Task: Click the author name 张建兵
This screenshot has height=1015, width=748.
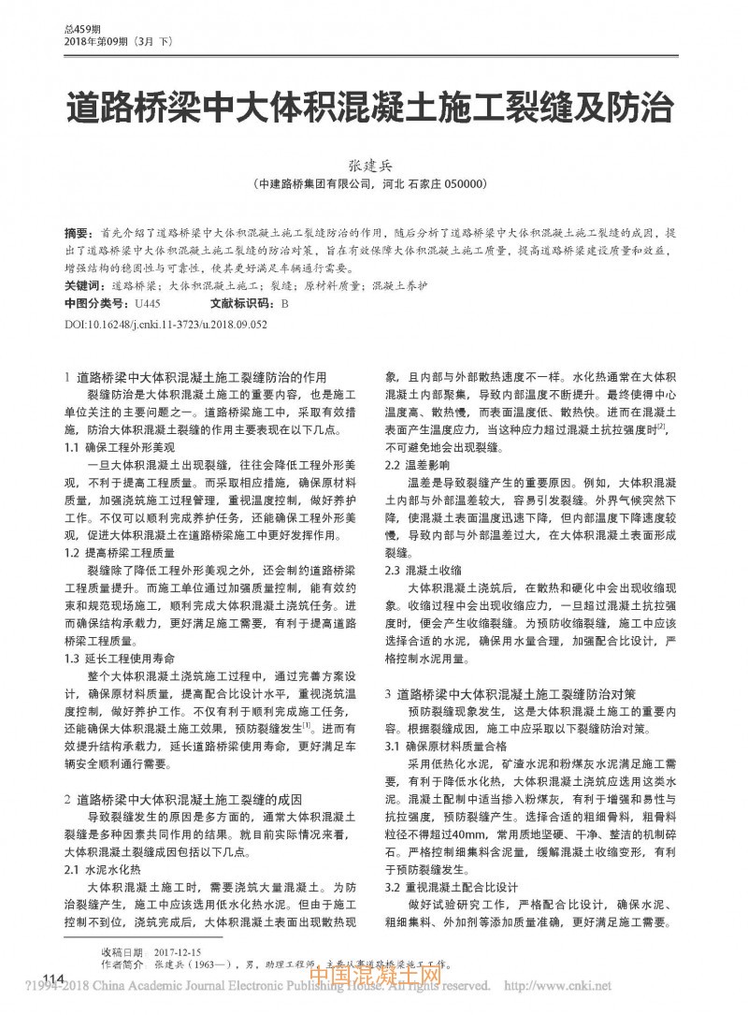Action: coord(374,166)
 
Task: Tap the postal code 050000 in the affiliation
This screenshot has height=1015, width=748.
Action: coord(458,185)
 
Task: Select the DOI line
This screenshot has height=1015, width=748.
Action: coord(165,323)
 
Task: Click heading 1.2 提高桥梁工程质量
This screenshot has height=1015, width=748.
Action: coord(122,553)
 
